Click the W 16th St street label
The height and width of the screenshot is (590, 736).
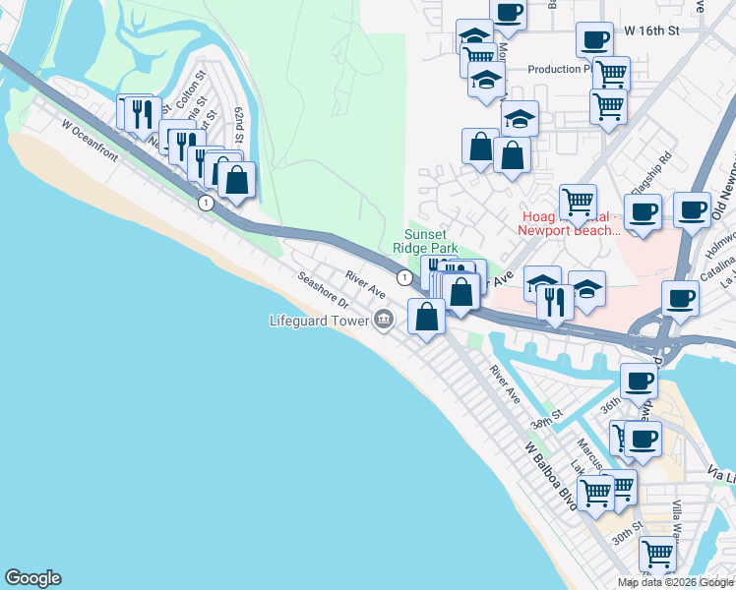tap(652, 31)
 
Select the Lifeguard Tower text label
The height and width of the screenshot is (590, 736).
tap(319, 321)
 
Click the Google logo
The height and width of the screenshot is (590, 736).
tap(32, 578)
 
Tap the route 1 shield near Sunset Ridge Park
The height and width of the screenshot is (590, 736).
tap(403, 278)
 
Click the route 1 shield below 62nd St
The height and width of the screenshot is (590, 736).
tap(205, 203)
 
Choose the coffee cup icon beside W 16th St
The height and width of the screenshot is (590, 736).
tap(593, 40)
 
